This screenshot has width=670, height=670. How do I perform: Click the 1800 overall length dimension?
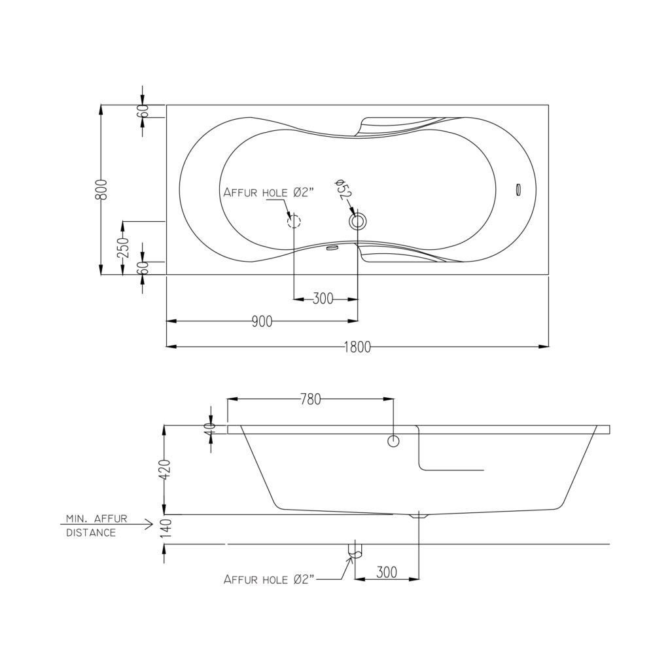357,347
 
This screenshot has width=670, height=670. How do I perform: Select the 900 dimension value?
262,321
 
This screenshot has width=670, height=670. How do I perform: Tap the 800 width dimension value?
101,189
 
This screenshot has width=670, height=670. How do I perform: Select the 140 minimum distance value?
166,528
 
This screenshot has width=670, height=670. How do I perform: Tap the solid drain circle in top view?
358,221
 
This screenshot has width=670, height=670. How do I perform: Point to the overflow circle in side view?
393,441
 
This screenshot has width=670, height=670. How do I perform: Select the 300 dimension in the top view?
323,298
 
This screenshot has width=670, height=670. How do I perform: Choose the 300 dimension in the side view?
387,572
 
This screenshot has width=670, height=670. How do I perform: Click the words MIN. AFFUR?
97,519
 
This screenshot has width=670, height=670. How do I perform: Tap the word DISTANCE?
91,533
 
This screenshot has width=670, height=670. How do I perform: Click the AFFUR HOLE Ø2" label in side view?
269,580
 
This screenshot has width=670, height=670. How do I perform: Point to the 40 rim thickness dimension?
209,429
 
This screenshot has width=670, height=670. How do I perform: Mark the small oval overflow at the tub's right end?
519,190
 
